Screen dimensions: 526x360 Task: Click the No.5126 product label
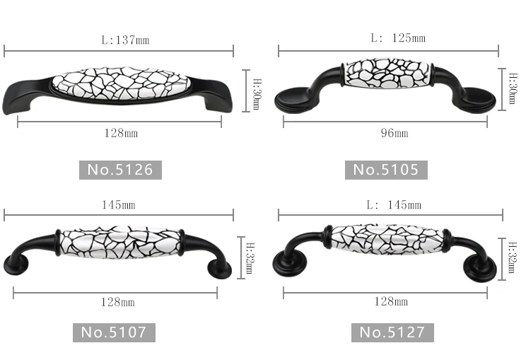pyautogui.click(x=120, y=170)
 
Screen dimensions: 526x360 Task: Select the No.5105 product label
pyautogui.click(x=386, y=170)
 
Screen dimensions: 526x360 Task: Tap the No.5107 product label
pyautogui.click(x=114, y=332)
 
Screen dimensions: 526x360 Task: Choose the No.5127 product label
pyautogui.click(x=392, y=332)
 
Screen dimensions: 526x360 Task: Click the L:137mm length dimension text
pyautogui.click(x=125, y=40)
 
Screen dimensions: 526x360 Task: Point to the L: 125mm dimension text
pyautogui.click(x=398, y=38)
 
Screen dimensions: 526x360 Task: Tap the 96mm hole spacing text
pyautogui.click(x=394, y=133)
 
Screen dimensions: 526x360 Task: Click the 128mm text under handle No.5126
pyautogui.click(x=121, y=133)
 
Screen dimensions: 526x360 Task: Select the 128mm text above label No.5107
pyautogui.click(x=118, y=302)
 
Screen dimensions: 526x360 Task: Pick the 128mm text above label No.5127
pyautogui.click(x=391, y=301)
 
